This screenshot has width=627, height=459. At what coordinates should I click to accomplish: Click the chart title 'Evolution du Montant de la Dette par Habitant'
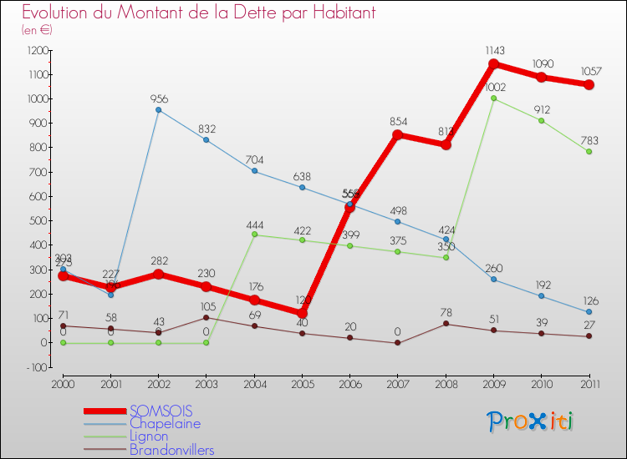(x=198, y=13)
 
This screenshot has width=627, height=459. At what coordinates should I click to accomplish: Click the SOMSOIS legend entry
(x=161, y=411)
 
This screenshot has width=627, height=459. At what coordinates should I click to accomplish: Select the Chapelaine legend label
(x=165, y=424)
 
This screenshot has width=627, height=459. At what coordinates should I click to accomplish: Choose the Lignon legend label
(x=148, y=436)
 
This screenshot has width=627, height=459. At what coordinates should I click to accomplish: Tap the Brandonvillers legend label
(x=171, y=451)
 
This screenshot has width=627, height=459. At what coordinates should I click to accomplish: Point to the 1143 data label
(x=493, y=51)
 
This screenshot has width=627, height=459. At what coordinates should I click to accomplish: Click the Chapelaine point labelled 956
(x=158, y=110)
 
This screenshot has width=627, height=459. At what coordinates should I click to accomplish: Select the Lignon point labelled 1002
(x=493, y=98)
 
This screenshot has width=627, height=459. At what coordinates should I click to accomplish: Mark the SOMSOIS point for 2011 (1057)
(x=589, y=85)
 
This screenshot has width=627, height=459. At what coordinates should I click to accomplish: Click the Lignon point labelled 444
(x=254, y=235)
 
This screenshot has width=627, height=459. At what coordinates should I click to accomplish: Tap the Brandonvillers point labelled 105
(x=206, y=317)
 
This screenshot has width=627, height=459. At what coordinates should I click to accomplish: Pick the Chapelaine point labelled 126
(x=589, y=312)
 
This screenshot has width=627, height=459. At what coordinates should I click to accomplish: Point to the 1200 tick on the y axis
(x=36, y=50)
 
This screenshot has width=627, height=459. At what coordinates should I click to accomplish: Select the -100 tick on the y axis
(x=36, y=367)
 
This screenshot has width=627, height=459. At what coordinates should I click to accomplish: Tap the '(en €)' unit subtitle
(x=38, y=30)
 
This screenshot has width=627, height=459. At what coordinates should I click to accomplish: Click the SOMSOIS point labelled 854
(x=398, y=135)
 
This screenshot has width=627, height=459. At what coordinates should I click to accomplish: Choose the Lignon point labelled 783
(x=589, y=152)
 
